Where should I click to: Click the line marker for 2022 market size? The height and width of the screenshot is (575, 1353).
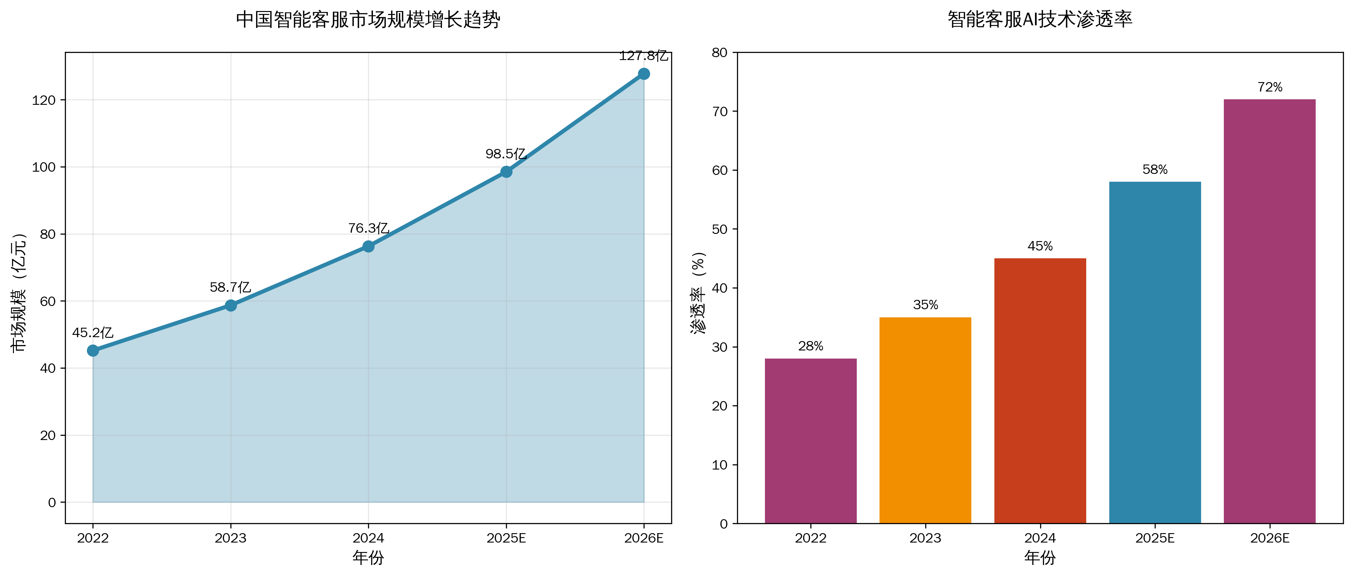93,350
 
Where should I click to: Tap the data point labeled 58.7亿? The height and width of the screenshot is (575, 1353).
230,305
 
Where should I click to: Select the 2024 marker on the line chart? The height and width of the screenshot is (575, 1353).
368,246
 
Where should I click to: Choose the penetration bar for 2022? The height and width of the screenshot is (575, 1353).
810,441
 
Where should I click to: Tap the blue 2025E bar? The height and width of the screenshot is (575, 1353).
1155,352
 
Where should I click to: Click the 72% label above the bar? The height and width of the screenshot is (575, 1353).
1270,87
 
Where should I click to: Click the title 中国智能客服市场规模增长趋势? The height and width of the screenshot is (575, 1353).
368,20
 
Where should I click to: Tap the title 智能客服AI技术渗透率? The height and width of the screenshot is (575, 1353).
1040,20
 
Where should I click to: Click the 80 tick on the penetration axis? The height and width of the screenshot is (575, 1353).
719,53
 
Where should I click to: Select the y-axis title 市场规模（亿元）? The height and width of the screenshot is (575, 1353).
19,292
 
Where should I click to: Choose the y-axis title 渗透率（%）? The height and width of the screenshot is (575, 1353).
698,292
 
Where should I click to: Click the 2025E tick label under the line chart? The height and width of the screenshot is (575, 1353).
506,538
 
